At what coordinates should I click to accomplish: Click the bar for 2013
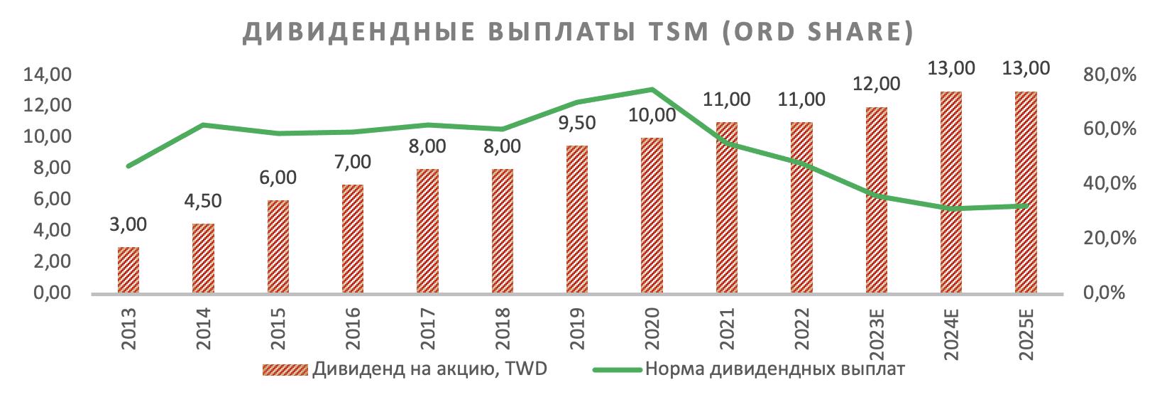[128, 270]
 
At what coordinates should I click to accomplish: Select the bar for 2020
[652, 215]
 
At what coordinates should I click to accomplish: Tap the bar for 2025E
[1026, 192]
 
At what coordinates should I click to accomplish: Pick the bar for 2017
[427, 231]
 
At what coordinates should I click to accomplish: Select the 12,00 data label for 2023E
[876, 84]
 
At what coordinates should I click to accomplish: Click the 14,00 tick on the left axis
[48, 75]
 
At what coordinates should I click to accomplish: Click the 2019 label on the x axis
[577, 329]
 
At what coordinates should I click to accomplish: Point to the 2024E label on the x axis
[951, 333]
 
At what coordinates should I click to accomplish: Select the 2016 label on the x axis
[353, 329]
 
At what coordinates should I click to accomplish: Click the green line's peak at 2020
[652, 89]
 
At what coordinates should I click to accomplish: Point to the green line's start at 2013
[128, 166]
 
